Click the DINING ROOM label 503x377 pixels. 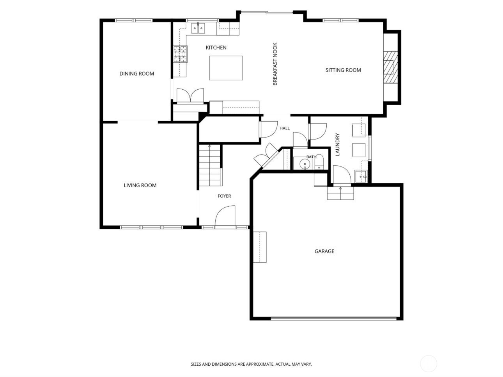(137, 74)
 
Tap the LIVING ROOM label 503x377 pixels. (140, 185)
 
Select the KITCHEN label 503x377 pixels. (216, 48)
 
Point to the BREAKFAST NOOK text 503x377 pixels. (275, 64)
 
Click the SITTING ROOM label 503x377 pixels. (343, 70)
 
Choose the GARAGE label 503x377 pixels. (324, 251)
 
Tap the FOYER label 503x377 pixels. (224, 196)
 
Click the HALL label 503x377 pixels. (284, 128)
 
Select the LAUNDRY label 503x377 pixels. (337, 144)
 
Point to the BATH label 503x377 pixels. (312, 157)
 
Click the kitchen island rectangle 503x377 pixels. (226, 68)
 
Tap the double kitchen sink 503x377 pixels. (198, 28)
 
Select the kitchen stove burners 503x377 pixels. (181, 54)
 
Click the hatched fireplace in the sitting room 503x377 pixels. (390, 67)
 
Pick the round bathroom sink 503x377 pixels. (305, 164)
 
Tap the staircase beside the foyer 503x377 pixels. (210, 165)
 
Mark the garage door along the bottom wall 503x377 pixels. (333, 318)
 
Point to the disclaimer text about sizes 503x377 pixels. (251, 364)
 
